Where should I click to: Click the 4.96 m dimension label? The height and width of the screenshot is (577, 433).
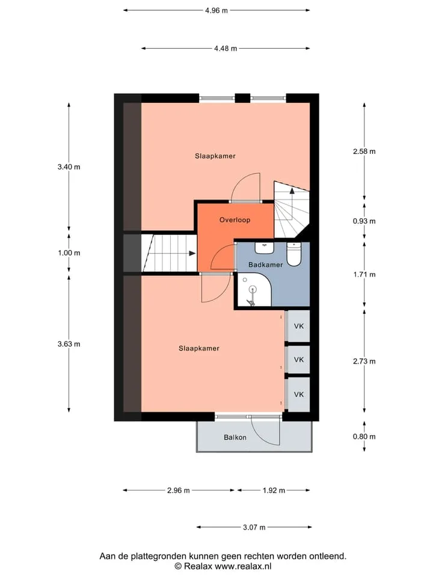click(216, 11)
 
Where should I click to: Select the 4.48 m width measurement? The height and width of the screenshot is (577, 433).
click(226, 48)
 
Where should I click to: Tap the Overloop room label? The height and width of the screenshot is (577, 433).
click(235, 220)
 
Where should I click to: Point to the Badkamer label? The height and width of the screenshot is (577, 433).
click(265, 264)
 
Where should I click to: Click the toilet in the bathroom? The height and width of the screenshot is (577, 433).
click(294, 254)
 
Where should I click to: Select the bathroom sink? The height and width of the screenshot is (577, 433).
click(265, 248)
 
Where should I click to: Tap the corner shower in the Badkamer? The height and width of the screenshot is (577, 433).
click(254, 290)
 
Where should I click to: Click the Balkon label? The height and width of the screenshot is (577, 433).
click(235, 438)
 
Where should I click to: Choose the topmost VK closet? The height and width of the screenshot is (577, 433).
click(298, 326)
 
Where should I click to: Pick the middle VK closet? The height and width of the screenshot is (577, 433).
click(298, 359)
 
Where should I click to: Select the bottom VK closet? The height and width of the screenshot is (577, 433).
click(298, 394)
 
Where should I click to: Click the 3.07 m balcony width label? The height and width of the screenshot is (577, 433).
click(254, 527)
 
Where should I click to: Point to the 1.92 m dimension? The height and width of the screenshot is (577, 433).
click(274, 490)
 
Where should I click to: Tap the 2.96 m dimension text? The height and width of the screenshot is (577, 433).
click(179, 490)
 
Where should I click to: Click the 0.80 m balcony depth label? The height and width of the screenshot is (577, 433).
click(364, 437)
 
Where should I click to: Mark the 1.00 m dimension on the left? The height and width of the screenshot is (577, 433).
click(69, 253)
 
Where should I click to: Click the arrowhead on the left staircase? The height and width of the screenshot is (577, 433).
click(192, 253)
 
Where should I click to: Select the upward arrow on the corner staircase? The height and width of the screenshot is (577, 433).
click(292, 191)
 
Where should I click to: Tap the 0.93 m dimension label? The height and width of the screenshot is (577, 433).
click(364, 221)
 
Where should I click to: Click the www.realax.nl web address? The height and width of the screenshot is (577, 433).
click(243, 566)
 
